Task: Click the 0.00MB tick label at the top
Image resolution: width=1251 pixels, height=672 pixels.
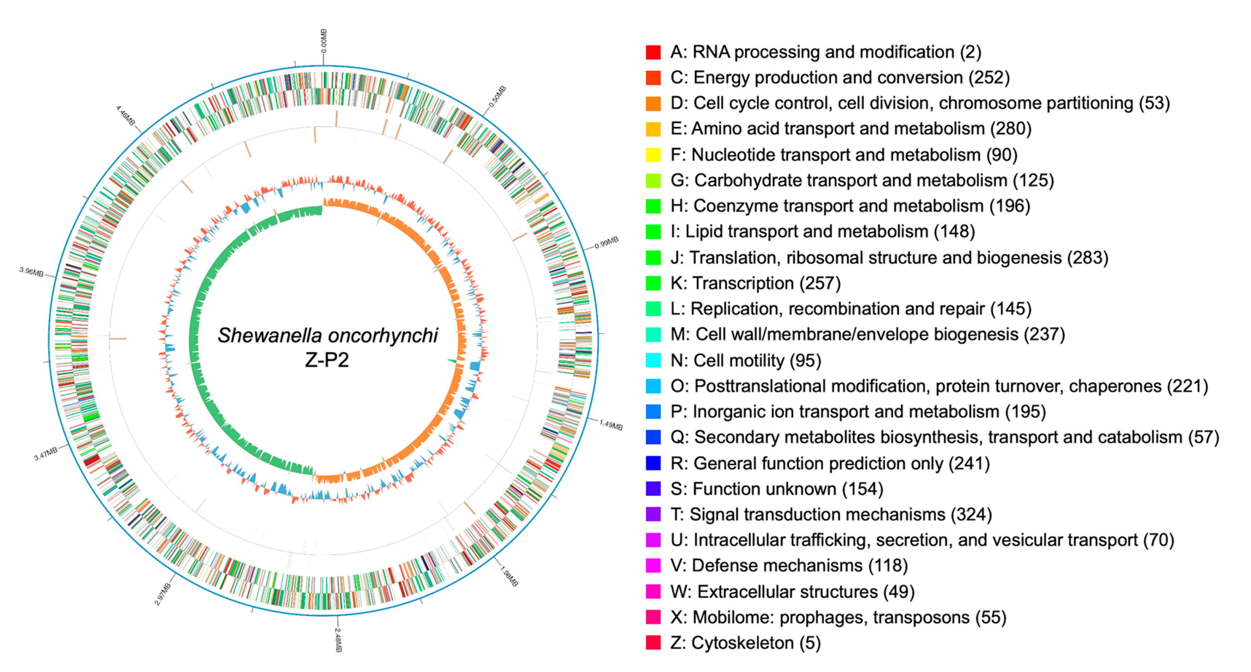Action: click(324, 41)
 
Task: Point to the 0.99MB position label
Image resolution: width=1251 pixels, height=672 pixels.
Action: click(606, 242)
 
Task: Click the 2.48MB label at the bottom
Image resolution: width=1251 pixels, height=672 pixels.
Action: click(338, 639)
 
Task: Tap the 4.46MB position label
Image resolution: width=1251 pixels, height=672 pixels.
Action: click(125, 115)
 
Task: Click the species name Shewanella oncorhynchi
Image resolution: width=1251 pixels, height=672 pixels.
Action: click(327, 335)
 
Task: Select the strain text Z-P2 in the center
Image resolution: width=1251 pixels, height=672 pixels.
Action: click(326, 360)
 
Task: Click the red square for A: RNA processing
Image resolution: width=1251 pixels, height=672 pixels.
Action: click(653, 52)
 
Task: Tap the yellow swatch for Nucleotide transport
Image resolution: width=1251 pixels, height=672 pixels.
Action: click(653, 155)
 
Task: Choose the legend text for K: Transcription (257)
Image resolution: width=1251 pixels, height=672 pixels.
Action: click(755, 283)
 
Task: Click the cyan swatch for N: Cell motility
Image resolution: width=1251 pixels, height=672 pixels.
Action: click(653, 360)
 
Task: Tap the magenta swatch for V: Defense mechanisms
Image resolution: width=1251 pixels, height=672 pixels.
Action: click(653, 565)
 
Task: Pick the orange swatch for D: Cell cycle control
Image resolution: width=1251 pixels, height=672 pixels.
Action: click(653, 103)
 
